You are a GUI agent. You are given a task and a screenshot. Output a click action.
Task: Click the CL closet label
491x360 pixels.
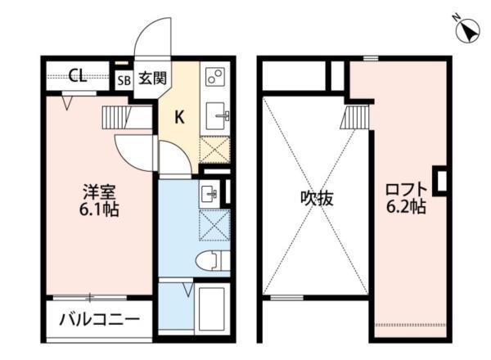point(79,77)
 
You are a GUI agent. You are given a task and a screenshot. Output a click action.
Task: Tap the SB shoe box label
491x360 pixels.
point(124,80)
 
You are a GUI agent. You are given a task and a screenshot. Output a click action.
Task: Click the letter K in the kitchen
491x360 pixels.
point(178,117)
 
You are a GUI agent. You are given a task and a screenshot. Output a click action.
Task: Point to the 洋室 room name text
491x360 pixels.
point(101,193)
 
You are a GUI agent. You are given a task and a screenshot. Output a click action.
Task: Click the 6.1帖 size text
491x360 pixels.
point(101,210)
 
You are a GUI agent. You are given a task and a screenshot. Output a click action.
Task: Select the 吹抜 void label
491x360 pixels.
point(314,198)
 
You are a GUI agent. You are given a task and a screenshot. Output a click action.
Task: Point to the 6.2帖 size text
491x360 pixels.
point(405,207)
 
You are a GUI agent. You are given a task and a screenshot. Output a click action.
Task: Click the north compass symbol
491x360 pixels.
point(468,31)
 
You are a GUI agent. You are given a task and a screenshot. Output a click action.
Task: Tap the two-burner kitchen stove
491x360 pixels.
point(215,77)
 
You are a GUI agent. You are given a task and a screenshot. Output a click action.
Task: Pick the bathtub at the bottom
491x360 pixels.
point(214,308)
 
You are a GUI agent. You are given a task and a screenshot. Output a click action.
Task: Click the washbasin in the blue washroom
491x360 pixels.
point(209,194)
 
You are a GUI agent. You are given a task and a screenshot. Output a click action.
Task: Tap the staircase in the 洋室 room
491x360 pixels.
point(115,116)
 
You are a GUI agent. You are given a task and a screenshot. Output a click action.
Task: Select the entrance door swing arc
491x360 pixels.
point(153,38)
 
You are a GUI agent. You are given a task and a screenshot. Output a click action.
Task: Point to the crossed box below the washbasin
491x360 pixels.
point(214,224)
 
